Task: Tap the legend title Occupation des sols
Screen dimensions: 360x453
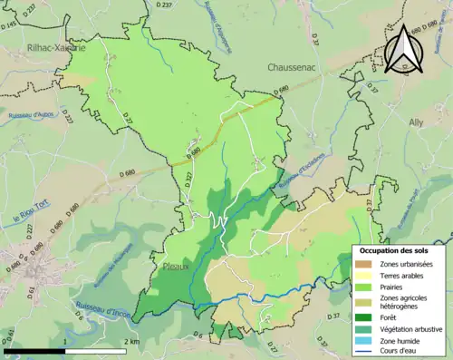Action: pyautogui.click(x=396, y=250)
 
